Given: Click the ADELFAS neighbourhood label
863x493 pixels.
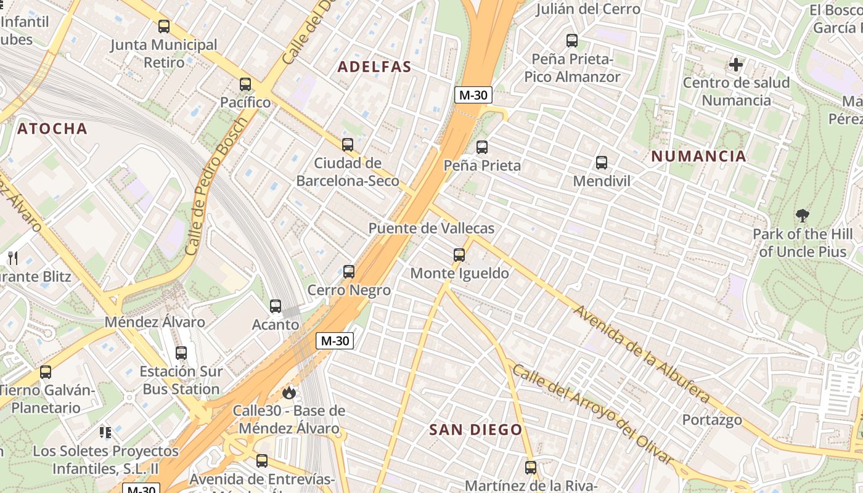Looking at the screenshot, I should pos(374,67).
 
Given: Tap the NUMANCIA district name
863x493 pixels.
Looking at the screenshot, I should pos(698,157).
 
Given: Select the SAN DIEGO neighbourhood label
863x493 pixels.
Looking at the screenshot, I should pos(475,430).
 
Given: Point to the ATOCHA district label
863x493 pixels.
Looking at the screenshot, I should pos(52,129).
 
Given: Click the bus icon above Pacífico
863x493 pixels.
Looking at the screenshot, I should pos(245,84).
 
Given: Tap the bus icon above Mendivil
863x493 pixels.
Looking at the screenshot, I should pos(602,163).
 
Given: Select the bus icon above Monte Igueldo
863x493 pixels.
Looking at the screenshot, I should pos(459,255).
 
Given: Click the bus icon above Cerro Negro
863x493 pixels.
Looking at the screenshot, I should pos(349,271).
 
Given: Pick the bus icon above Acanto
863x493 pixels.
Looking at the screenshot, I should pos(276,306).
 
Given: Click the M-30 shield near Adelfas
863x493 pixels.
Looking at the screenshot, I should pos(473,95).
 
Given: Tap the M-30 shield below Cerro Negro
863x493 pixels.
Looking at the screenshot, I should pos(335,341).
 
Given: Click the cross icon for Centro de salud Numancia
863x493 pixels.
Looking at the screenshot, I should pos(736,64).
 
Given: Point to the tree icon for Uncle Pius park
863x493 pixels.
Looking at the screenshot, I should pos(802,216).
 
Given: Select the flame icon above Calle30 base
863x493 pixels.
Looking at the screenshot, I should pos(288,392).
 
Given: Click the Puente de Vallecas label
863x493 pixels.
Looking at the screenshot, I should pos(431,228).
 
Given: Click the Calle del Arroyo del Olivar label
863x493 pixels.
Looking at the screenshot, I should pos(592,414).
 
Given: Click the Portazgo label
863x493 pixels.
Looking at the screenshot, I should pos(711,420).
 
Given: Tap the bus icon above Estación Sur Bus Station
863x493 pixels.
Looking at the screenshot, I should pos(181,353).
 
